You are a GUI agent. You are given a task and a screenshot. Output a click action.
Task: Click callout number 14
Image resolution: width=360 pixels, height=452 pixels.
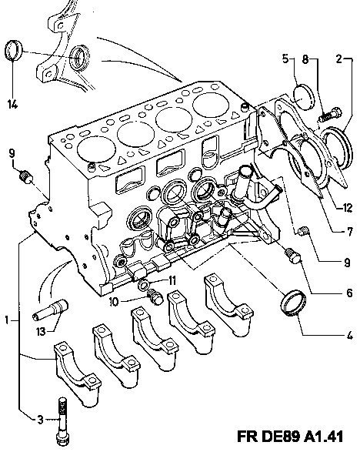[12, 104]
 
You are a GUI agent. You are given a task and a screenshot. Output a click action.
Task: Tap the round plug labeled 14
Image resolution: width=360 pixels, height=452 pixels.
[14, 50]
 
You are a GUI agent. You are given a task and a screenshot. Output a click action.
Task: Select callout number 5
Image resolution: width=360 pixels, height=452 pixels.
[285, 59]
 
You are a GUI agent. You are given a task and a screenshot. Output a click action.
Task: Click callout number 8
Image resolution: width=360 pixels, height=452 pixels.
[305, 59]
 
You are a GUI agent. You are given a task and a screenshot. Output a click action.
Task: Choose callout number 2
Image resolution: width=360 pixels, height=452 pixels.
[339, 59]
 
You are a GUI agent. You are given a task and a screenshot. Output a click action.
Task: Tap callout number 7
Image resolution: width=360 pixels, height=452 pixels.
[350, 231]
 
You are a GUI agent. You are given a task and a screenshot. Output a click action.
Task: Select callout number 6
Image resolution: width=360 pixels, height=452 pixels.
[349, 293]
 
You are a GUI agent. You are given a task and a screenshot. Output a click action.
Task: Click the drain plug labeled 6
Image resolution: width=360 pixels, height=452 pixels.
[292, 256]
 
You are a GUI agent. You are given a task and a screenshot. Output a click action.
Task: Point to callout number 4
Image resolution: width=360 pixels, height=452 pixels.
[350, 336]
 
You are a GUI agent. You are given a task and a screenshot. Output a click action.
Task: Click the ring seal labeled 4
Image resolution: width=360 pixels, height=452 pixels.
[293, 303]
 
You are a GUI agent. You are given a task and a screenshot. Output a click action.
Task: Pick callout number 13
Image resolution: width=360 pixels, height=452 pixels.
[42, 332]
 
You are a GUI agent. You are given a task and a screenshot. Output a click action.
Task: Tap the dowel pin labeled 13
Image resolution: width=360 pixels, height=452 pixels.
[49, 310]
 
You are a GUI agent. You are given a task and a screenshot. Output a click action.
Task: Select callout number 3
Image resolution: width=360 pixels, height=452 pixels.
[40, 419]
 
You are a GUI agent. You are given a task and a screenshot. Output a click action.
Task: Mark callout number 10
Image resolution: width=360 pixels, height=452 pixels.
[114, 302]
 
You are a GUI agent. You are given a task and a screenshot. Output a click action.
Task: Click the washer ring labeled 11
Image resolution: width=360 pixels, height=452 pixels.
[144, 285]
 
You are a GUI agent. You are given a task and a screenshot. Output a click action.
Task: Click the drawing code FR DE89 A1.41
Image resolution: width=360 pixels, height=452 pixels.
[290, 437]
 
